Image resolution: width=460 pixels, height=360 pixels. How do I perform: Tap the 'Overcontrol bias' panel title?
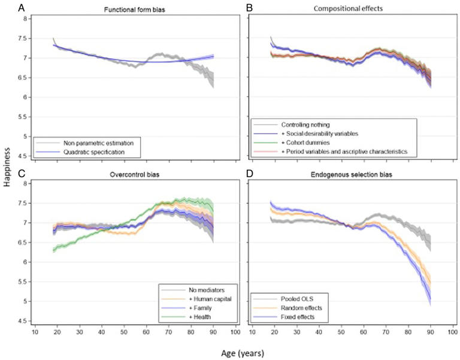[134, 175]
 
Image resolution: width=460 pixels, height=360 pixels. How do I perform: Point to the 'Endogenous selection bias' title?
[350, 175]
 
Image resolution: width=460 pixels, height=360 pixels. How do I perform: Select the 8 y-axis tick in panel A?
[24, 19]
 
